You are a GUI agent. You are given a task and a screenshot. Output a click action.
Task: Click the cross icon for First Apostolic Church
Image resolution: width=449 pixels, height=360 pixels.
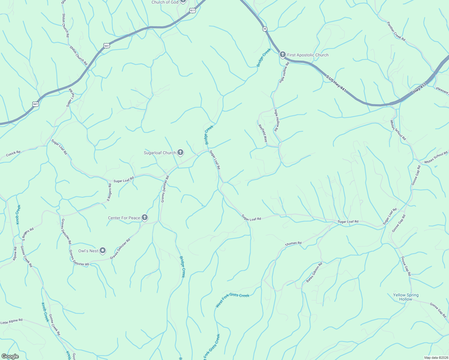pos(282,55)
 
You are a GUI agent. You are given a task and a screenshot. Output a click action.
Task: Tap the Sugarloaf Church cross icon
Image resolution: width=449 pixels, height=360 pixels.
pos(180,153)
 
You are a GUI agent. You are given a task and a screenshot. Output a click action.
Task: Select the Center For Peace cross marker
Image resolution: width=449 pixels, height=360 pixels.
pos(145,217)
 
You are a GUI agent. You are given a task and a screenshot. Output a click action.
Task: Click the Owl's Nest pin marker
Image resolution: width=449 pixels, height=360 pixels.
pos(103,250)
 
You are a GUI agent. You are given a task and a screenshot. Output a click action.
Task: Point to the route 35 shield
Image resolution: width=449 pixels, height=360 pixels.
pos(264,29)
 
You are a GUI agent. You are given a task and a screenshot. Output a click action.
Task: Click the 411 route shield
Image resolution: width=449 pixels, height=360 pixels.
pos(193,10)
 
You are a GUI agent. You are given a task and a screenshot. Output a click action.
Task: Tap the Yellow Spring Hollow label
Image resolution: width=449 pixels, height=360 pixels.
pos(406,297)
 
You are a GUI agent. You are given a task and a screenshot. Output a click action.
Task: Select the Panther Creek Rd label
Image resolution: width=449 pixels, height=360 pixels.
pos(396,31)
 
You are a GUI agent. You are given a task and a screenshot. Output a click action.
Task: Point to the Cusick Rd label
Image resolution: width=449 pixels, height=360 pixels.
pos(13,153)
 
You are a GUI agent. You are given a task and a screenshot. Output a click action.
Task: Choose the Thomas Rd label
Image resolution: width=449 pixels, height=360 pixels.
pos(293,244)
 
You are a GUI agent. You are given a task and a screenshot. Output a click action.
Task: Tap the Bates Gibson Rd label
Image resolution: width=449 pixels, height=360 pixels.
pos(314,272)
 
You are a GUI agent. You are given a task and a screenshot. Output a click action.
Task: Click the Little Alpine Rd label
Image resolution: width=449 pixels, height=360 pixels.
pos(11,322)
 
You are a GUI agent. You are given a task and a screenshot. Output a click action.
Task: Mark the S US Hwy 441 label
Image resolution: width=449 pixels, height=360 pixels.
pos(336,84)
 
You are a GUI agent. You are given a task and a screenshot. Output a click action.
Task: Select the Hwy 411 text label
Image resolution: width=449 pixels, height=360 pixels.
pos(419,88)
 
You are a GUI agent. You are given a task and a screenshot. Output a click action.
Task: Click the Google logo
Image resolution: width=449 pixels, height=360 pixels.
pos(10,356)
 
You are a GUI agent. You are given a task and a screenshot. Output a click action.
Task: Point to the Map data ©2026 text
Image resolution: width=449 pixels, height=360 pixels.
pos(435,358)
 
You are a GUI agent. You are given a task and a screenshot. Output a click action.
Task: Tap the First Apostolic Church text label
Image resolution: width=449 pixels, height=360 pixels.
pos(308,55)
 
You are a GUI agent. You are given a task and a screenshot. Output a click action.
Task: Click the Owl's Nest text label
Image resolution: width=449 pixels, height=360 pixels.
pos(88,251)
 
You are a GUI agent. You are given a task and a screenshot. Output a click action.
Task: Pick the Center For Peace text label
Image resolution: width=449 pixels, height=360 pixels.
pos(124,218)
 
